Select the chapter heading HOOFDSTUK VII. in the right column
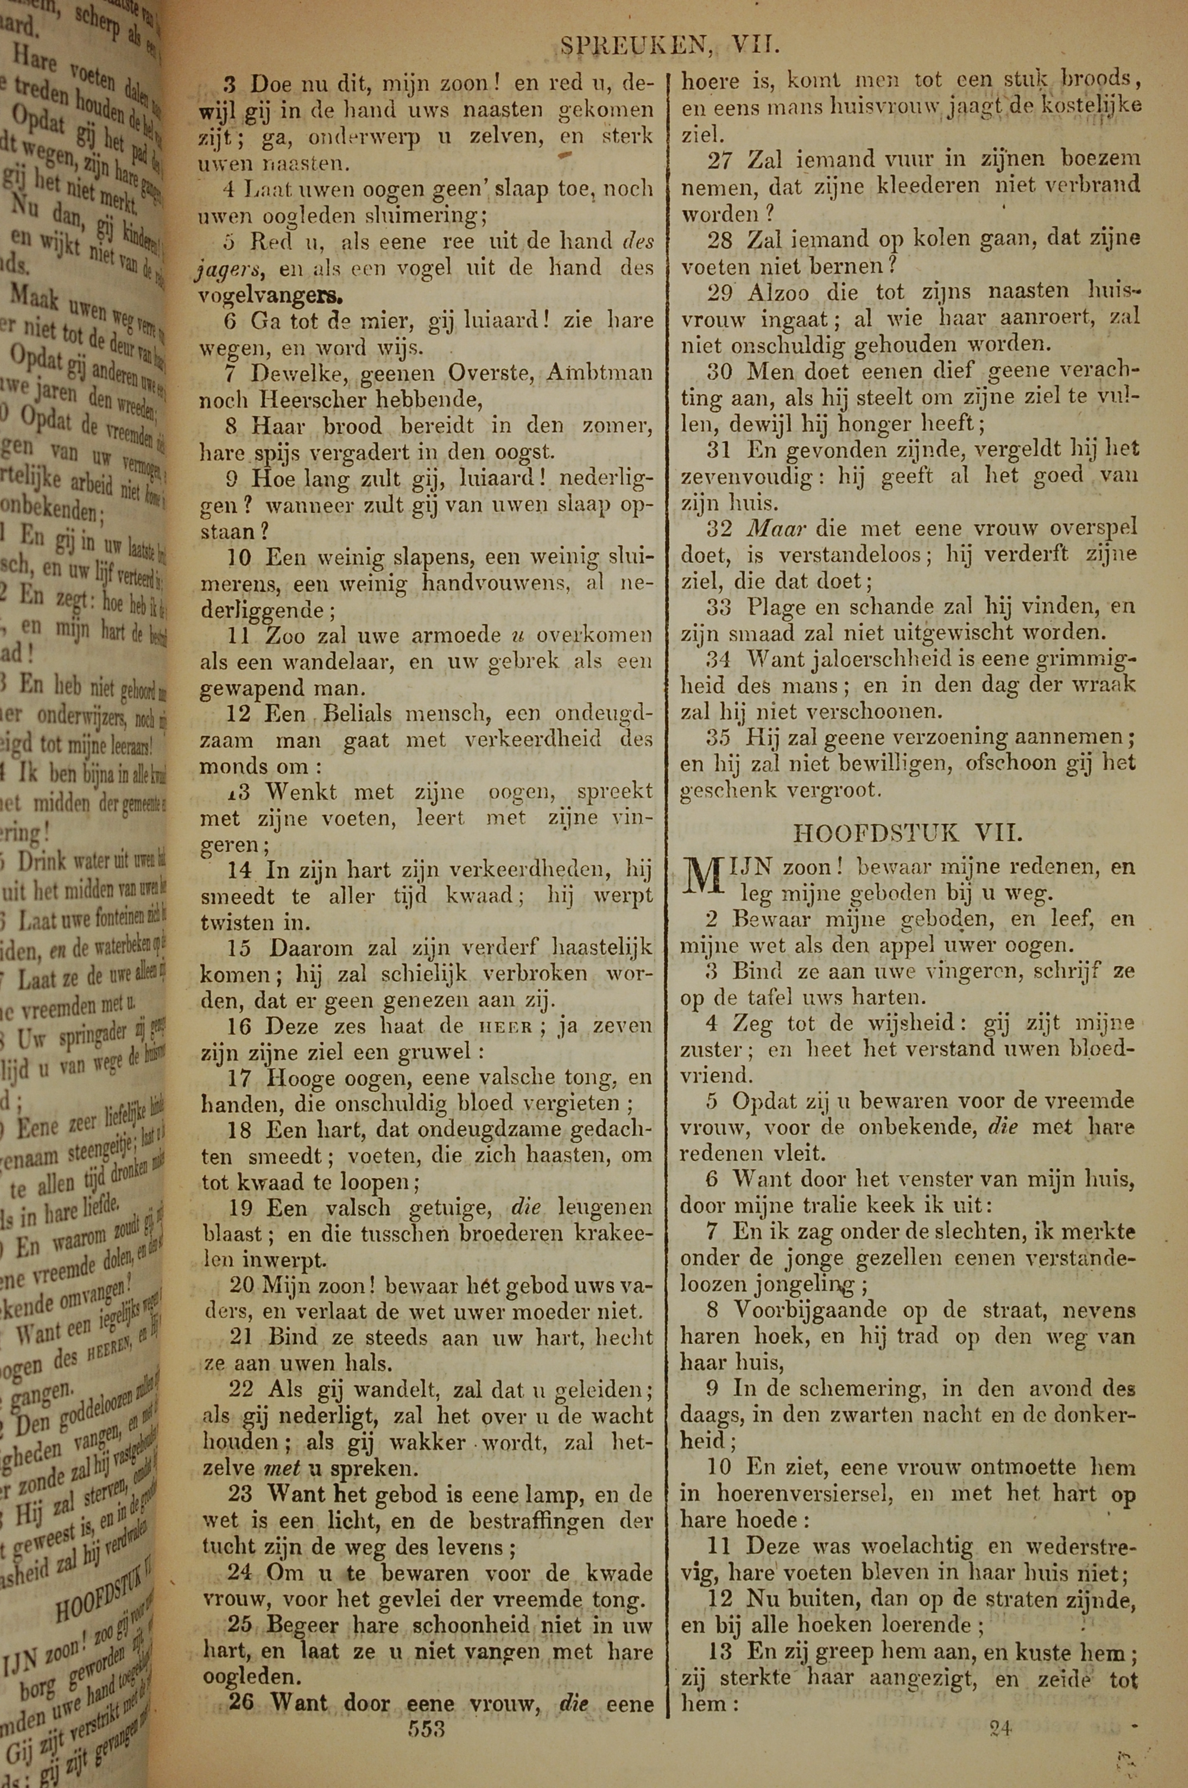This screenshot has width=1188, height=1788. [908, 834]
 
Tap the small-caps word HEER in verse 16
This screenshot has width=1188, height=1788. [505, 1028]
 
